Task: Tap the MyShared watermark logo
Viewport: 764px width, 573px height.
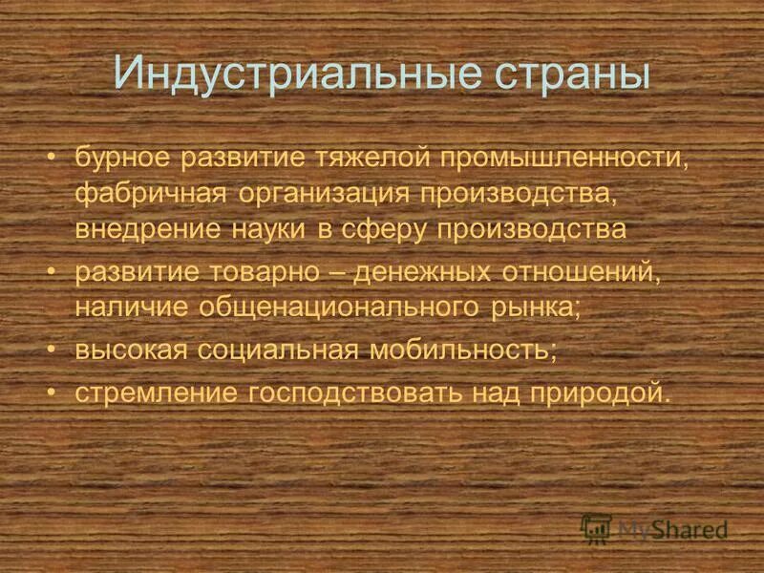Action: [654, 528]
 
